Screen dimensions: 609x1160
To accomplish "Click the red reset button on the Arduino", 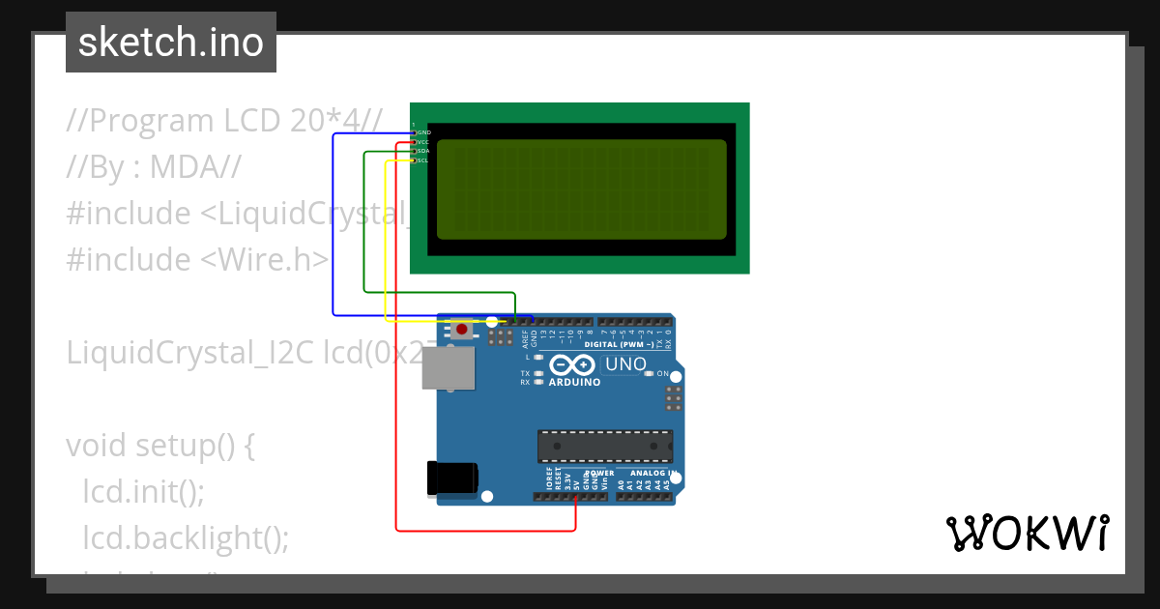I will coord(462,330).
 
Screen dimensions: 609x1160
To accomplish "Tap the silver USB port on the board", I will coord(449,368).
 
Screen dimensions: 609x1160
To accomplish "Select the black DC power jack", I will coord(452,478).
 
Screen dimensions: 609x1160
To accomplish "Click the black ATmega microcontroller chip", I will coord(605,445).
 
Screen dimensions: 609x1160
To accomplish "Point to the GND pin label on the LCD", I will coord(423,131).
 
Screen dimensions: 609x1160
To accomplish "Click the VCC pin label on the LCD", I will coord(423,141).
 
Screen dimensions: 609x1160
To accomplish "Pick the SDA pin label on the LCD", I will coord(423,151).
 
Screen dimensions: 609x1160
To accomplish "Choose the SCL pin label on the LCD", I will coord(422,160).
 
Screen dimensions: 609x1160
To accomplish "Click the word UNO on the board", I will coord(624,364).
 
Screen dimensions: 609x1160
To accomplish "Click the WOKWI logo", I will coord(1027,533).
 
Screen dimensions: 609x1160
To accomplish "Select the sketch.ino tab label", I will coord(171,43).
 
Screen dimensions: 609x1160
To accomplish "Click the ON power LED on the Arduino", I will coord(651,373).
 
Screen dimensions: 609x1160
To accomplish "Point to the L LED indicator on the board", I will coord(537,358).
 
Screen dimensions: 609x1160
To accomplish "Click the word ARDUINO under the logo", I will coord(574,382).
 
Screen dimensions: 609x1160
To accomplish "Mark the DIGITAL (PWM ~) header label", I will coord(619,345).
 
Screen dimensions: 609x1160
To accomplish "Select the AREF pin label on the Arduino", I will coord(525,338).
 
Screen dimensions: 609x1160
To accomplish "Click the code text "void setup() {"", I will coord(160,446).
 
